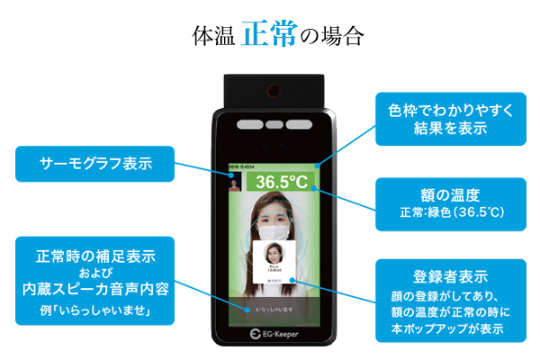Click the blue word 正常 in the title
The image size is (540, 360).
269,36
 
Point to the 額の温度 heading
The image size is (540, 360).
451,195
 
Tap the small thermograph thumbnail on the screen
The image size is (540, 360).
235,183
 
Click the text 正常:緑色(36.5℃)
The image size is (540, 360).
451,213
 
